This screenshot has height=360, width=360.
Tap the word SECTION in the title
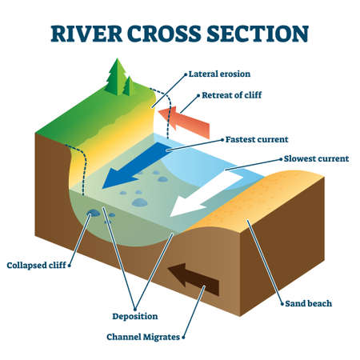263,34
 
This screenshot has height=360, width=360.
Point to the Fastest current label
257,138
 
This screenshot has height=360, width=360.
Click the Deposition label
135,316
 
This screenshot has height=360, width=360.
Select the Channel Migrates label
144,337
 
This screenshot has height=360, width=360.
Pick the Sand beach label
309,303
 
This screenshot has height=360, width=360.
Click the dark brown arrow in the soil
195,281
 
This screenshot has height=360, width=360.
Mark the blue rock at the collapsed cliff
94,213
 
